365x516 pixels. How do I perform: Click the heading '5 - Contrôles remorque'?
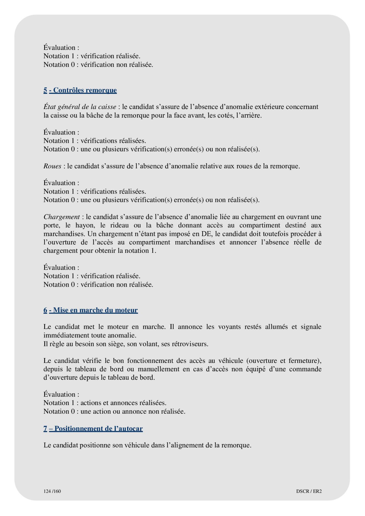tap(80, 90)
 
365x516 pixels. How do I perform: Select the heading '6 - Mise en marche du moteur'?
tap(91, 310)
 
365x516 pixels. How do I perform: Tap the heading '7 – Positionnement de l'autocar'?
tap(93, 429)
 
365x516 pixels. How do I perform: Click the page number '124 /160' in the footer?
tap(52, 491)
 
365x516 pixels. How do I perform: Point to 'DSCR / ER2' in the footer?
tap(309, 491)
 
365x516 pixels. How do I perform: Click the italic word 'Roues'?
tap(52, 166)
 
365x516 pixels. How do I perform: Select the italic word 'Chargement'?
tap(61, 217)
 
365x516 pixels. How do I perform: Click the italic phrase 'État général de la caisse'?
tap(80, 107)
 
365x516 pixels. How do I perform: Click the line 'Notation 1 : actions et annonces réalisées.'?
tap(105, 403)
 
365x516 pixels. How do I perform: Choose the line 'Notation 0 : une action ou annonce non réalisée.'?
tap(114, 412)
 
